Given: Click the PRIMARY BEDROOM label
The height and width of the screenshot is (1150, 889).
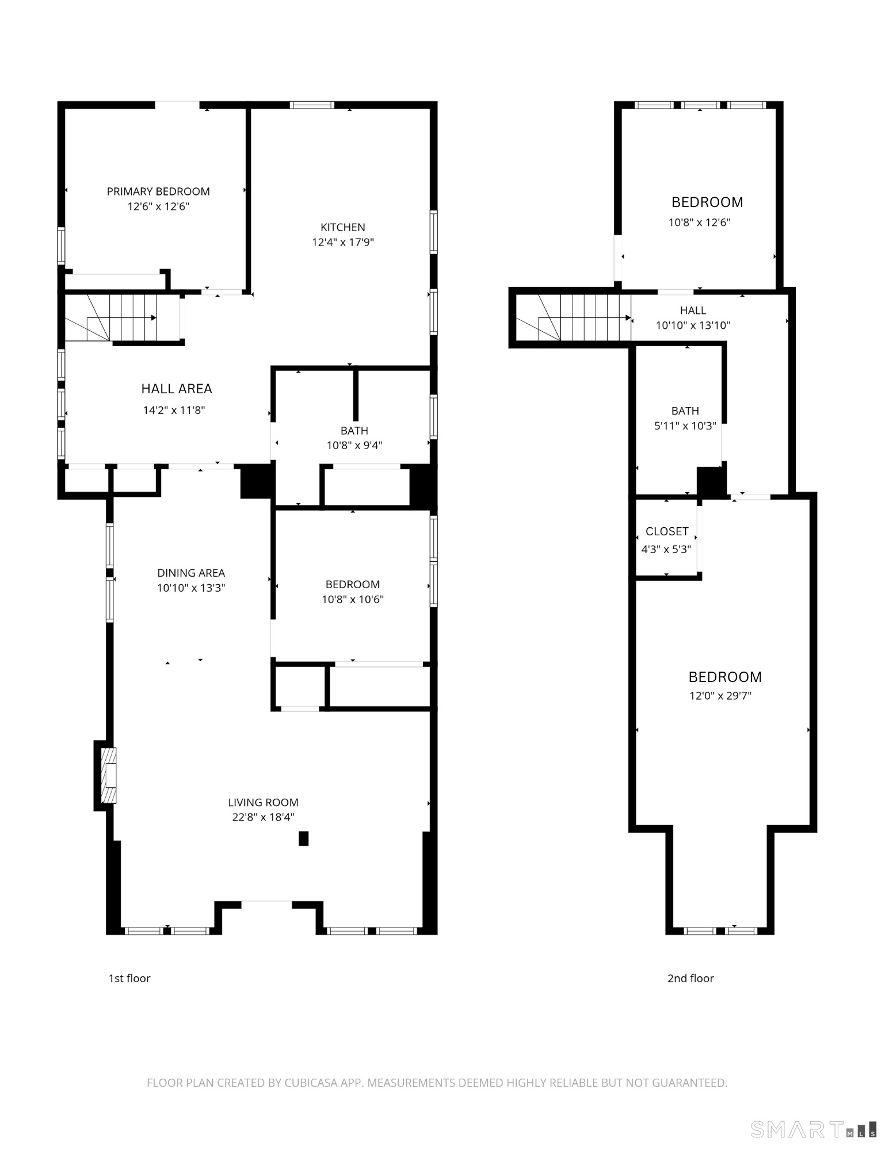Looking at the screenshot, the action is (158, 191).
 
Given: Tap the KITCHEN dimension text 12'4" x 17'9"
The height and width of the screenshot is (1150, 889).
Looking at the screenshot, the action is (343, 242).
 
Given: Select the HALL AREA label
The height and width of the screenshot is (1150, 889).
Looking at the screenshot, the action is (177, 389).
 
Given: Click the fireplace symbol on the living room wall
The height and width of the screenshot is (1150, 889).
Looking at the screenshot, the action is (109, 775).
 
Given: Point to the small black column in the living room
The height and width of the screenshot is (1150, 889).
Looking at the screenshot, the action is (303, 839).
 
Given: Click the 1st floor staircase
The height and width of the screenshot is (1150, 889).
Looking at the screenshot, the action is (121, 318).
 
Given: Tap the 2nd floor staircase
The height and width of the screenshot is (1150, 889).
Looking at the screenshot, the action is (573, 318).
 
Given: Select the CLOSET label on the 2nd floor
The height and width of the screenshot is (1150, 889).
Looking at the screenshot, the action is (667, 532).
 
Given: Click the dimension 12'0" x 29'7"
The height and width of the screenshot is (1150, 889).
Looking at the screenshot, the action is (720, 696).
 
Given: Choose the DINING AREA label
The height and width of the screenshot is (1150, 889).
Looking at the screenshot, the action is (191, 573).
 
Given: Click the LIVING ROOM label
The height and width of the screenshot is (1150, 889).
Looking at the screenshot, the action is (263, 802).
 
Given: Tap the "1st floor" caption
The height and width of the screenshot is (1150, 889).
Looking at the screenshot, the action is (129, 978).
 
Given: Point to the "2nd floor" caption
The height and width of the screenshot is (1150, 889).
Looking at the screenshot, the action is (690, 978).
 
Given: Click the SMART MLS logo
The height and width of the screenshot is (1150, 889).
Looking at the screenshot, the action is (814, 1129).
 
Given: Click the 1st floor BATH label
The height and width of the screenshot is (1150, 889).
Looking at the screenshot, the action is (354, 431).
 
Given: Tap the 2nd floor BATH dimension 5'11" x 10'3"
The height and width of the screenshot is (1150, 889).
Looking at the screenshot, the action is (685, 426).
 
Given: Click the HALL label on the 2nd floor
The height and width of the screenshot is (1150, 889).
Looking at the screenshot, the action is (693, 310).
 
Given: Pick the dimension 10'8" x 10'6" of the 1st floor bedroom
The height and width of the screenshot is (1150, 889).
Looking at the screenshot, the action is (353, 599).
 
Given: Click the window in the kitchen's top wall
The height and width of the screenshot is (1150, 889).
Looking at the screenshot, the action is (312, 105).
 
